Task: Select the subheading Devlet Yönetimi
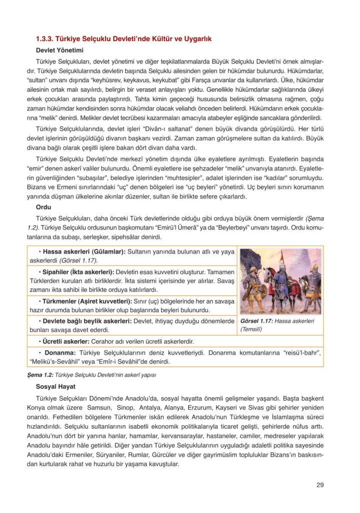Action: (x=60, y=51)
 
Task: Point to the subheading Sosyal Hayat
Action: (x=56, y=387)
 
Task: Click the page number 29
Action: (x=320, y=484)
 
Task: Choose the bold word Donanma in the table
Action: (x=61, y=353)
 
